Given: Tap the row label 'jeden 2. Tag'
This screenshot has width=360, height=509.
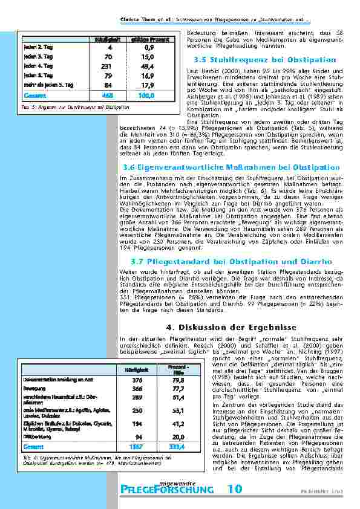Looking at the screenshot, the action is (x=36, y=47).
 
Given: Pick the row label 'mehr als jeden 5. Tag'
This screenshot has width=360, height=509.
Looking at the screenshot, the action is (x=48, y=85).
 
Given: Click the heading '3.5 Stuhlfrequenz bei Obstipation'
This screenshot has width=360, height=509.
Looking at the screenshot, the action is (x=264, y=60).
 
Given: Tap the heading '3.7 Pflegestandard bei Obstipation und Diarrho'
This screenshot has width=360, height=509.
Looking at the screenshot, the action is (x=231, y=261).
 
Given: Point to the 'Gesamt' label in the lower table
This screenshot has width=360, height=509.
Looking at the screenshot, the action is (x=33, y=446).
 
